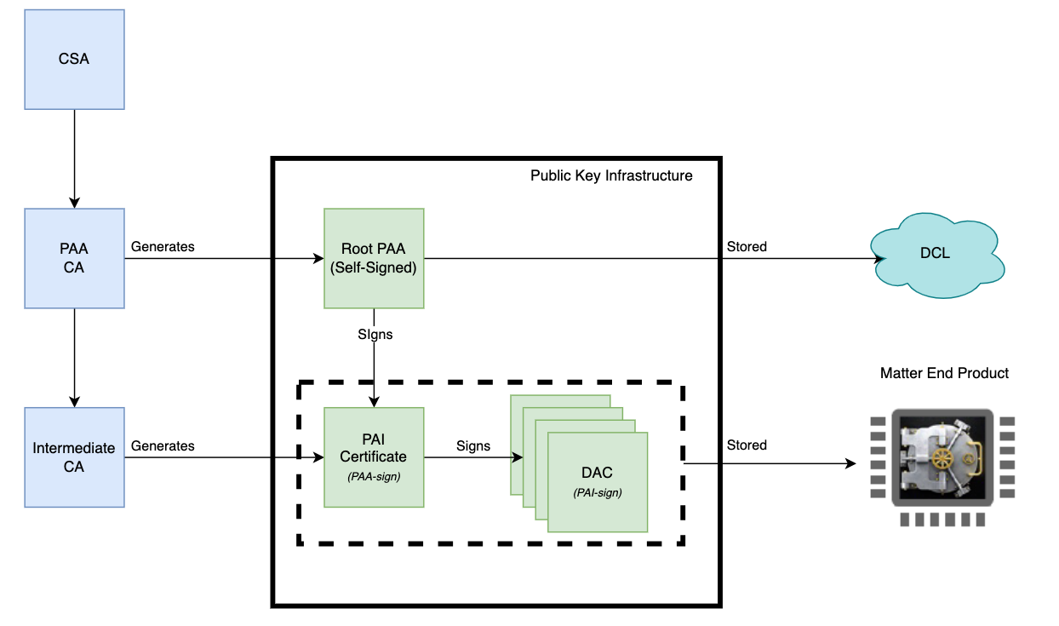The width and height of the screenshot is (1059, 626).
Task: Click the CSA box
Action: tap(74, 59)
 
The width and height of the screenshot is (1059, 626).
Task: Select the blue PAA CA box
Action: tap(74, 258)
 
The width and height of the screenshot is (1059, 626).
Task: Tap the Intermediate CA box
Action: tap(74, 457)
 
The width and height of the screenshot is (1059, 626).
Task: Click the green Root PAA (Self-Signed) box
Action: tap(374, 258)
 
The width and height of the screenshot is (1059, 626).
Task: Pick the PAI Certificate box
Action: tap(374, 457)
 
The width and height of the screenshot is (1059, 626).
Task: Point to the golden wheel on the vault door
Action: tap(942, 459)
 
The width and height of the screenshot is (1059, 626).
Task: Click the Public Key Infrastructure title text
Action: tap(611, 176)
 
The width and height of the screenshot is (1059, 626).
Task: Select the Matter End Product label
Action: tap(944, 373)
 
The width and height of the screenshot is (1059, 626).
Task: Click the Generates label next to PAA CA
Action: tap(163, 247)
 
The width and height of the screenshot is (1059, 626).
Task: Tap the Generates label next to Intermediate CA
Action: tap(163, 446)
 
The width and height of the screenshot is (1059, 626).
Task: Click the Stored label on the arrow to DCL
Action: tap(747, 247)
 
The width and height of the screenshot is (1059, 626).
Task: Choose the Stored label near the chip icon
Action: tap(747, 445)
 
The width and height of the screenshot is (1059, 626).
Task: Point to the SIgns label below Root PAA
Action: tap(375, 335)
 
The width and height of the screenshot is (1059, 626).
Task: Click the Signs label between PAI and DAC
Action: tap(473, 446)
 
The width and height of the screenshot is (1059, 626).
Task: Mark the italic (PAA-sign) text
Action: tap(374, 477)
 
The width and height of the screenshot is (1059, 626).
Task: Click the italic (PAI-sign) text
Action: tap(598, 492)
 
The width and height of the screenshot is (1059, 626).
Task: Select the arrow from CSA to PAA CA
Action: tap(74, 158)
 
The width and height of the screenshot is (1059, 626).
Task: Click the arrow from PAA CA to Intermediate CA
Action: tap(74, 358)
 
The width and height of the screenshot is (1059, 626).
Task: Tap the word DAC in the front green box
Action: tap(598, 473)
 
